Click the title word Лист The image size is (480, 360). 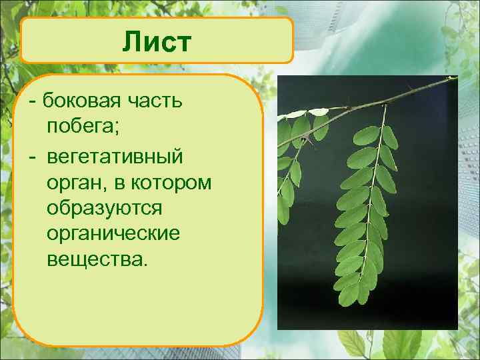[x=157, y=42]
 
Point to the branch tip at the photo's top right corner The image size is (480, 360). [x=453, y=79]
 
